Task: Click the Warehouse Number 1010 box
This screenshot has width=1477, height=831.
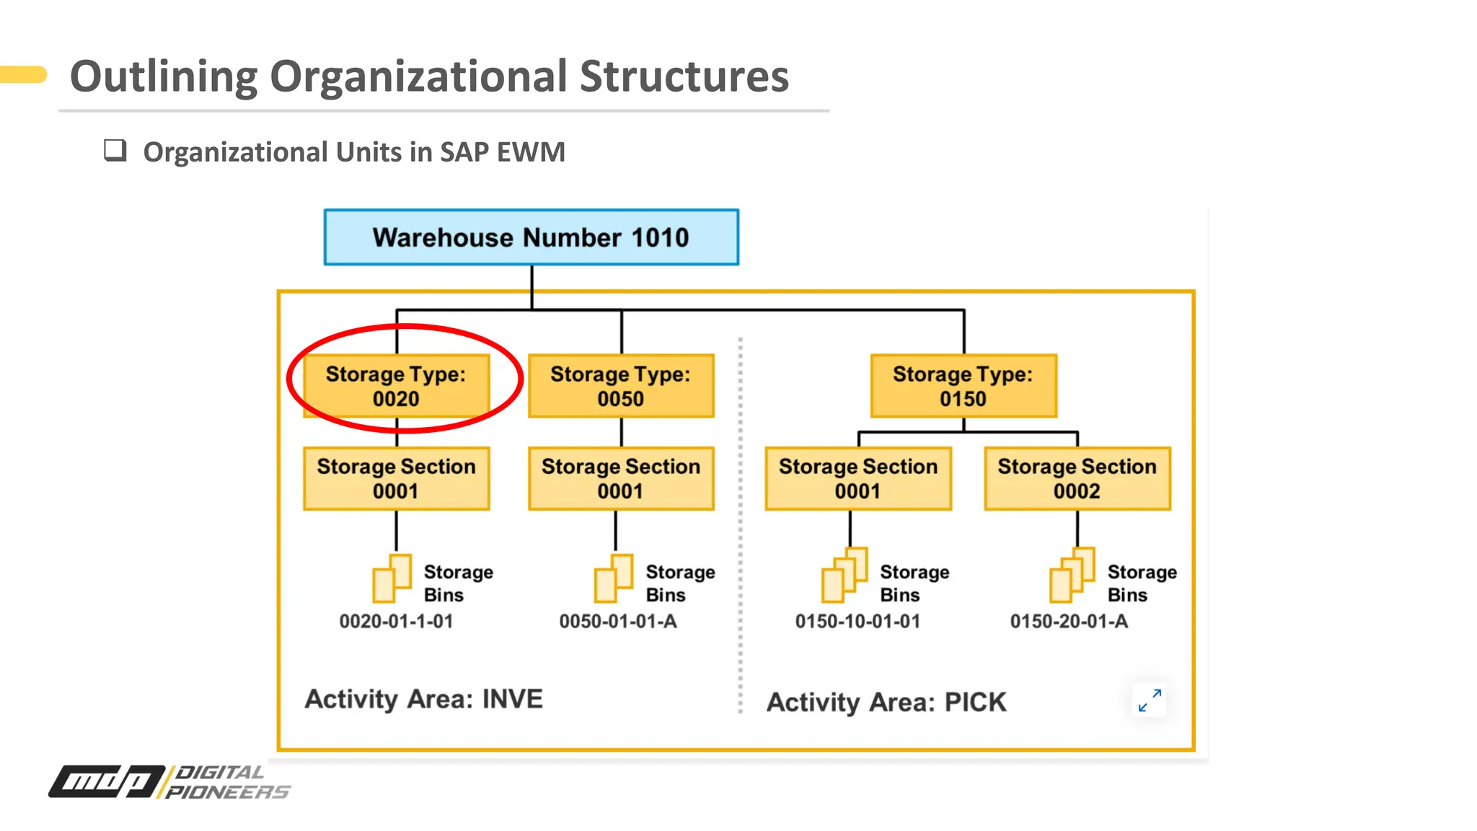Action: (x=531, y=237)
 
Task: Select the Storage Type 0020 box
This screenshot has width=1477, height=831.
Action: (x=396, y=386)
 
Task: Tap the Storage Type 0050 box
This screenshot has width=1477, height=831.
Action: (x=621, y=386)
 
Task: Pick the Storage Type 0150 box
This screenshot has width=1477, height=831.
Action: (x=963, y=386)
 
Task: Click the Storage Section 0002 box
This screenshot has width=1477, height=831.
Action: (x=1077, y=478)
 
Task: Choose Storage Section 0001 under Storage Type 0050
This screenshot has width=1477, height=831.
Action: (x=621, y=478)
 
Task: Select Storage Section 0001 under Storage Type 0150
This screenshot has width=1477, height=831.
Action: (x=857, y=478)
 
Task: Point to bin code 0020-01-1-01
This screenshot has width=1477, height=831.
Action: (x=396, y=621)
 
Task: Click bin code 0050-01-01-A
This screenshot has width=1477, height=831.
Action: (x=618, y=621)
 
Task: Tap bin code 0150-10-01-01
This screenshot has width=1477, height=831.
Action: (x=857, y=621)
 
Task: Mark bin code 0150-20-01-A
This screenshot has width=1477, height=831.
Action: (x=1069, y=621)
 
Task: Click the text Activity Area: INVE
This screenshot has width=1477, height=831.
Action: (x=423, y=699)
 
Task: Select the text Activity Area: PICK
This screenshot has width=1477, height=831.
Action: (x=886, y=702)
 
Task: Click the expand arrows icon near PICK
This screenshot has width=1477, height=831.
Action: (x=1150, y=700)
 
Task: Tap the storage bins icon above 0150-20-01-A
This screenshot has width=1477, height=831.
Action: (x=1072, y=576)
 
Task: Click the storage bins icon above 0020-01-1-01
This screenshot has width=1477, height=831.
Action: (x=392, y=579)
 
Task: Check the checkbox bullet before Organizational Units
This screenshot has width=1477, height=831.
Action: (x=115, y=151)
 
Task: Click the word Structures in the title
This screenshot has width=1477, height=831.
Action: (x=684, y=76)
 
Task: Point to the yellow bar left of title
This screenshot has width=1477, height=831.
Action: (x=23, y=74)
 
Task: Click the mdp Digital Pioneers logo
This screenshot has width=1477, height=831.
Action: (x=169, y=782)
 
